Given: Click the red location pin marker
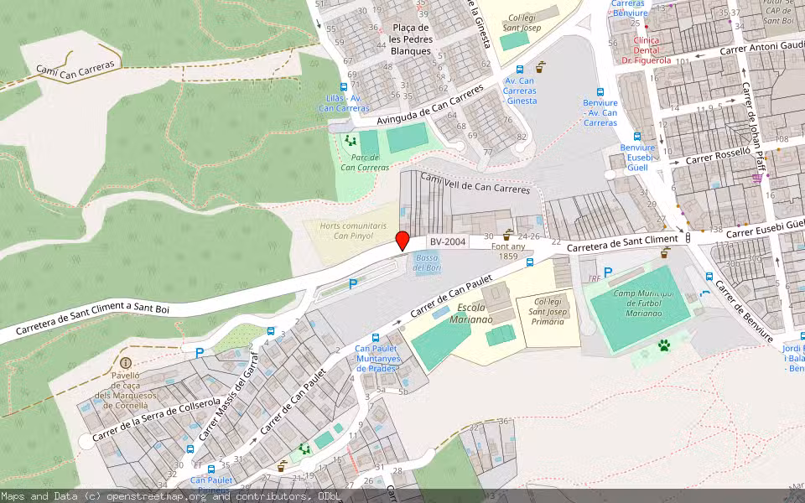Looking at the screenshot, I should click(402, 241).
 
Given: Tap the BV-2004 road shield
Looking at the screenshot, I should click(448, 242).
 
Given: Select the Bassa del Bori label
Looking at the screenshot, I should click(428, 262).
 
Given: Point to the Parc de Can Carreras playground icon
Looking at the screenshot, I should click(350, 140).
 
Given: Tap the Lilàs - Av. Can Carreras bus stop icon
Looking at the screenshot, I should click(344, 87).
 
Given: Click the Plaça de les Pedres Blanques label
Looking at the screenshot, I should click(411, 39).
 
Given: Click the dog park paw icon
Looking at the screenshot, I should click(664, 345).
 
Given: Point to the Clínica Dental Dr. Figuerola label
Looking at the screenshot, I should click(647, 50).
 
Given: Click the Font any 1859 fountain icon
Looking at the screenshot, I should click(508, 234).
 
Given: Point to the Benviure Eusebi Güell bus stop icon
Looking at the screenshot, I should click(637, 136).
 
